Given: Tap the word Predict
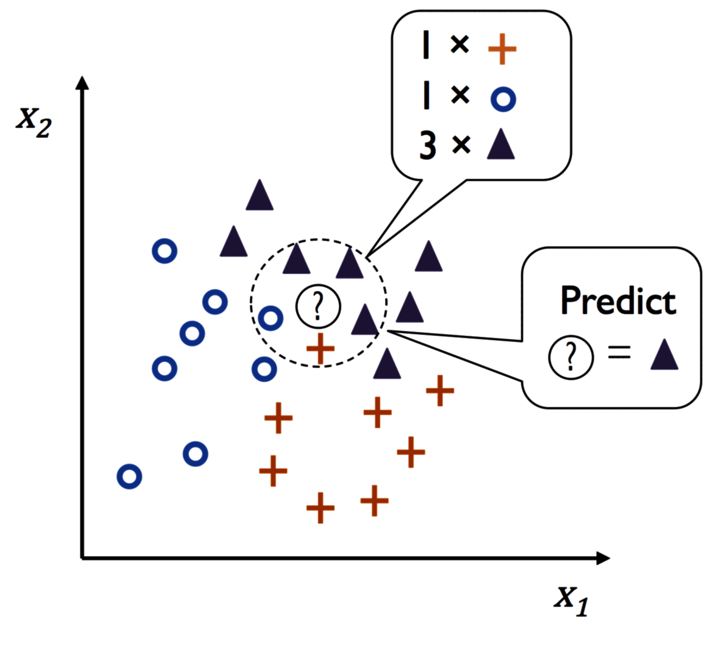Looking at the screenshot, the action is click(x=618, y=300).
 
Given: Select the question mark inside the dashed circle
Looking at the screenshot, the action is click(x=318, y=306).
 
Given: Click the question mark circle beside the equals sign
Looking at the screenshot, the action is click(x=571, y=357).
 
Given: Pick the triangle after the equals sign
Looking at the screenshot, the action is click(x=664, y=354).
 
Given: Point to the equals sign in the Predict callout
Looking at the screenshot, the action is click(x=619, y=352).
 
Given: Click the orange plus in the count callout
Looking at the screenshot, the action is click(x=502, y=49).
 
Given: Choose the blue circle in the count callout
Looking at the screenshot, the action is click(x=503, y=99).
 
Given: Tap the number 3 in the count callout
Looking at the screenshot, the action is click(x=428, y=146).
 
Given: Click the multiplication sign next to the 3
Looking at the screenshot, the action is click(x=461, y=145).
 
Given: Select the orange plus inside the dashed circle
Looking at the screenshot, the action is click(x=320, y=349).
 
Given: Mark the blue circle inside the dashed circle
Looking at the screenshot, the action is click(x=270, y=318).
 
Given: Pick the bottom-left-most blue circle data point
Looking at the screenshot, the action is click(x=129, y=476).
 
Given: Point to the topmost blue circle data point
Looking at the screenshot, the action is click(x=164, y=251).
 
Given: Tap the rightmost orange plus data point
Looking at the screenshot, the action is click(x=440, y=390).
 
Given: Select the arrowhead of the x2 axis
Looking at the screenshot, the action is click(x=83, y=83).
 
